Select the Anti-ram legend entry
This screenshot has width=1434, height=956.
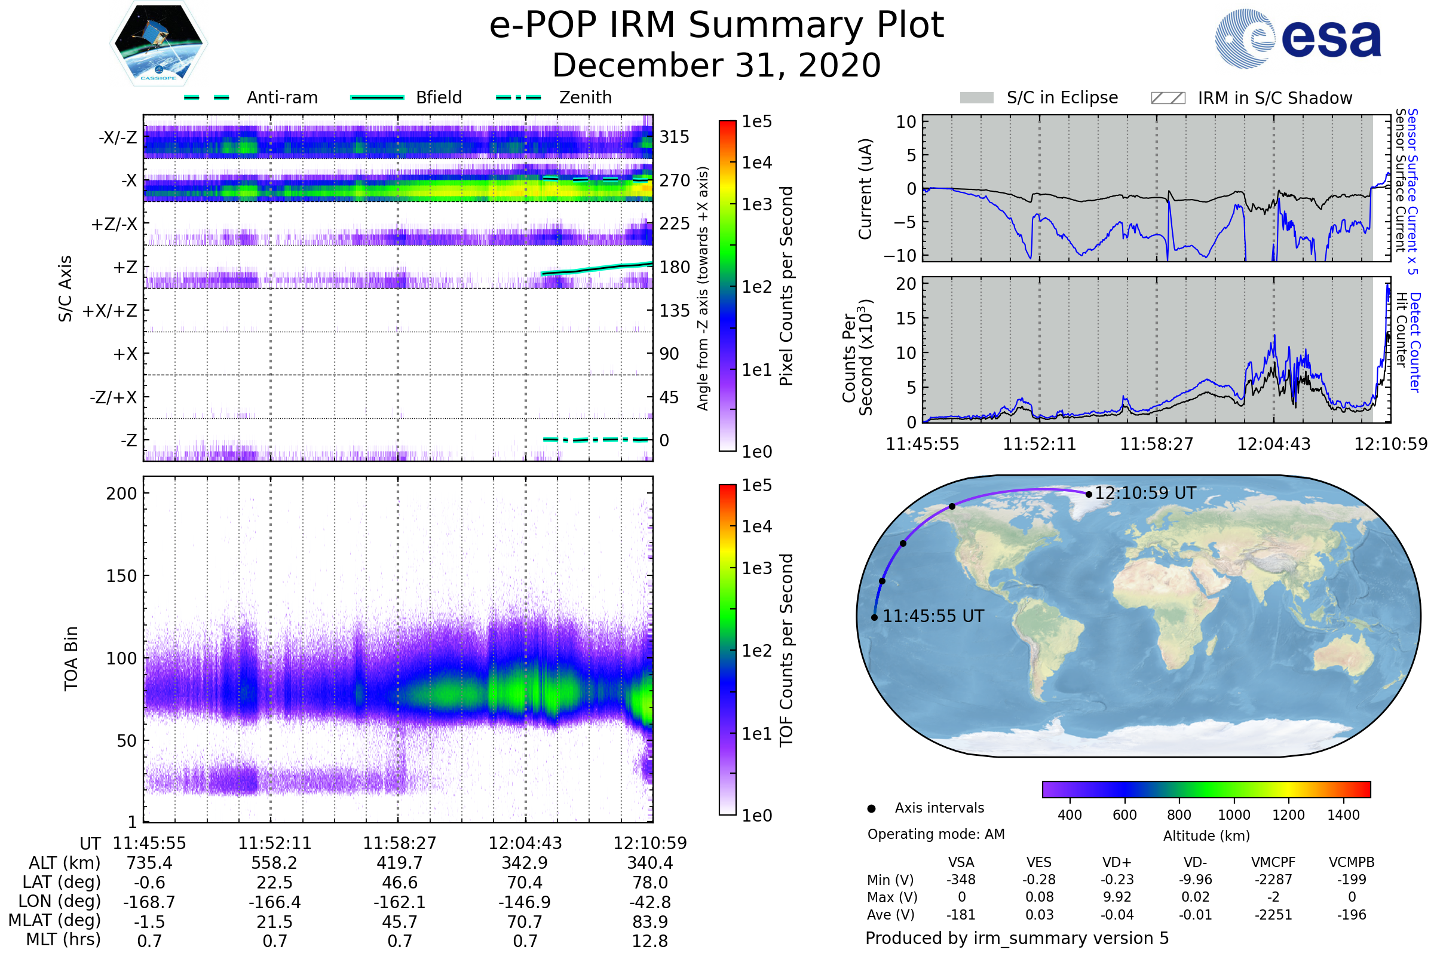click(x=281, y=97)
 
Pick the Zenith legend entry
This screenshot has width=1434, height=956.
click(x=585, y=97)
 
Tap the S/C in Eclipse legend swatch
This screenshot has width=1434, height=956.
click(x=976, y=98)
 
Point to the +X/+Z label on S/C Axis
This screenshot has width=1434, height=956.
click(x=110, y=311)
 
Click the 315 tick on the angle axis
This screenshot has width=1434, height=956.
click(x=674, y=137)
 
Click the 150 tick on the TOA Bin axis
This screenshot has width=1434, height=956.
click(x=121, y=576)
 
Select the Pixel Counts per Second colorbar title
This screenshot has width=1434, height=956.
click(x=786, y=286)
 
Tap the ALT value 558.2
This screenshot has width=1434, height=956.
click(x=274, y=863)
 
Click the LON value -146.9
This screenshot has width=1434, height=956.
click(x=525, y=902)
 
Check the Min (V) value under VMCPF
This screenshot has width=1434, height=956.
click(x=1273, y=880)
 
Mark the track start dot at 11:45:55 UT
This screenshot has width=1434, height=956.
click(x=874, y=618)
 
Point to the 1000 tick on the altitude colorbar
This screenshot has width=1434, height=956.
click(x=1234, y=815)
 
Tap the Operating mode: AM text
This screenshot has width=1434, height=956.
click(x=936, y=834)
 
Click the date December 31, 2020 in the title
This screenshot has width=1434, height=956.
click(x=716, y=65)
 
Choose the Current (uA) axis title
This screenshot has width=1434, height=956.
click(x=865, y=189)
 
